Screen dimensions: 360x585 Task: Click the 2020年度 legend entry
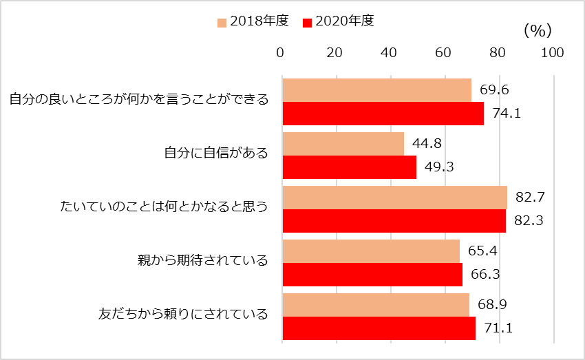(338, 21)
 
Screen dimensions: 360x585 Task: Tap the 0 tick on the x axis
(281, 52)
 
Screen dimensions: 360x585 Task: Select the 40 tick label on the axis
(389, 52)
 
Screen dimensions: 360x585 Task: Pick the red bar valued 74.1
(383, 114)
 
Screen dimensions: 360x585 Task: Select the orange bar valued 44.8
(343, 144)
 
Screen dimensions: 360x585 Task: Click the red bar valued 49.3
(349, 167)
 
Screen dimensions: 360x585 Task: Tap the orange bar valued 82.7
(394, 198)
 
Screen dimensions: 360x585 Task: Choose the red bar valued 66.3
(372, 275)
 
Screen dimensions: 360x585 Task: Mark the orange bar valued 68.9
(375, 305)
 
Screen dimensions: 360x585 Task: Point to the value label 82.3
(529, 221)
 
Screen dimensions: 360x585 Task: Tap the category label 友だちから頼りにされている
(183, 315)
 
